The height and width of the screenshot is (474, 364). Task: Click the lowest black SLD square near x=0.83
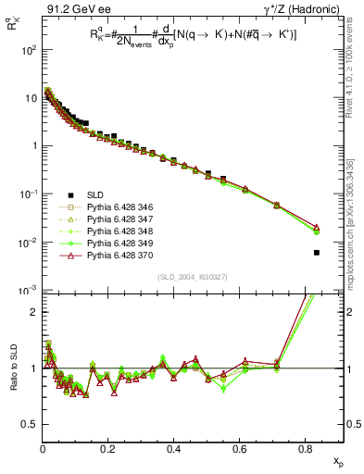tap(317, 253)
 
